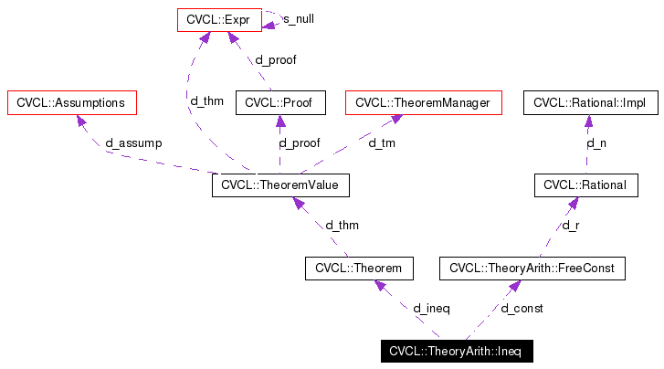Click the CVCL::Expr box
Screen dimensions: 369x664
point(219,18)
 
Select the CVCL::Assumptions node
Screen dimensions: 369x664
point(71,103)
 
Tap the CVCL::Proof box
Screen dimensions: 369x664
point(280,103)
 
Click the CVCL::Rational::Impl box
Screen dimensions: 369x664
point(589,103)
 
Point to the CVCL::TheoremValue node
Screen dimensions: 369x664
point(280,185)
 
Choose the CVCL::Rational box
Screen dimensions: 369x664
point(585,185)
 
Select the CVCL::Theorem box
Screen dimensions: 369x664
point(359,268)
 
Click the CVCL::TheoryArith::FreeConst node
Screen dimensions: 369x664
point(532,268)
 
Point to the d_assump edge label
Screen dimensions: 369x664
point(133,143)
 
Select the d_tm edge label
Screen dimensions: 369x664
point(381,143)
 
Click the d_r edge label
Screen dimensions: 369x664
point(570,226)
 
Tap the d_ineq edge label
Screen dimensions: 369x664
point(431,309)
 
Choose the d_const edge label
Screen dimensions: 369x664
point(522,309)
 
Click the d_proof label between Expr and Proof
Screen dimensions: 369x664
point(275,60)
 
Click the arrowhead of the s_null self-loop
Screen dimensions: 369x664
point(270,25)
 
